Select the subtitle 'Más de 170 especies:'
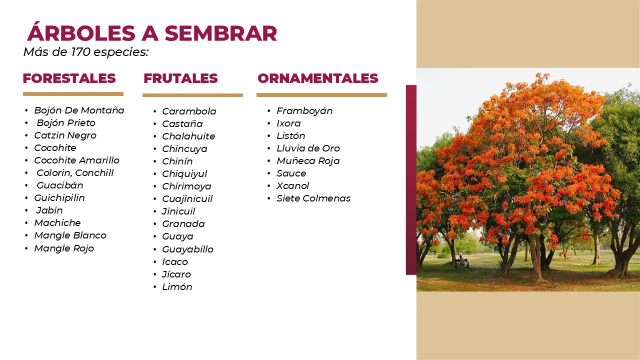point(86,52)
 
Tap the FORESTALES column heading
point(69,78)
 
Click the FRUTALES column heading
point(180,78)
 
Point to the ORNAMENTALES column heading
point(317,78)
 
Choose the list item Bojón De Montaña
point(79,110)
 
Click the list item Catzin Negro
point(65,135)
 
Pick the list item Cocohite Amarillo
point(76,160)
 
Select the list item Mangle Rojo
point(64,248)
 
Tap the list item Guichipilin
point(59,197)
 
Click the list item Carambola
point(189,111)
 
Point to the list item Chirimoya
point(186,186)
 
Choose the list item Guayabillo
point(187,249)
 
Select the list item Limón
point(177,287)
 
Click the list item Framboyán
point(304,111)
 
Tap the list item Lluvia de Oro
point(308,148)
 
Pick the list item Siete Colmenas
point(313,198)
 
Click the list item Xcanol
point(292,186)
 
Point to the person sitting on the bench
point(461,260)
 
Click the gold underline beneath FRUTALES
point(192,95)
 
